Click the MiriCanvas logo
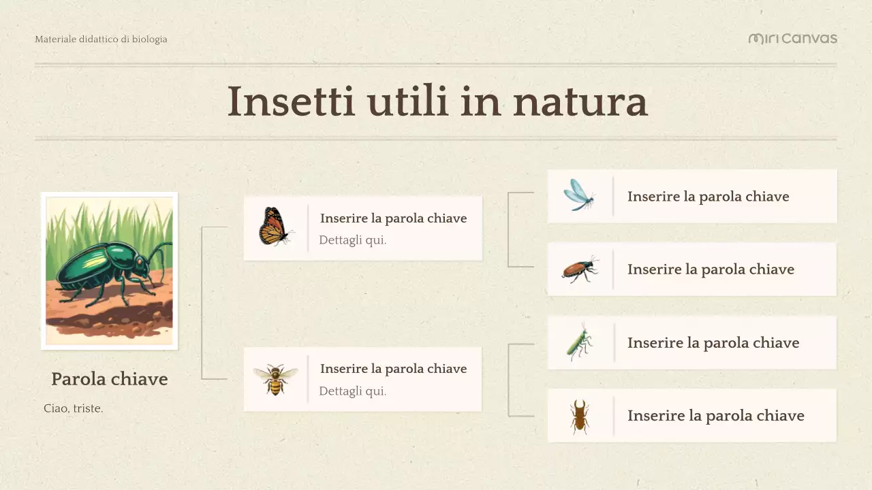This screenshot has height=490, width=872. pyautogui.click(x=792, y=39)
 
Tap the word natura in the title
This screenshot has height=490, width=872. pyautogui.click(x=580, y=101)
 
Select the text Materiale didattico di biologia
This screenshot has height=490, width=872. pyautogui.click(x=101, y=39)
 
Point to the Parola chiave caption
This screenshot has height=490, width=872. pyautogui.click(x=109, y=379)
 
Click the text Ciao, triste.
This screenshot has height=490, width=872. pyautogui.click(x=73, y=409)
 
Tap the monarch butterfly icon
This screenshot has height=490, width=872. pyautogui.click(x=275, y=227)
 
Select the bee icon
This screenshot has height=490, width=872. pyautogui.click(x=275, y=379)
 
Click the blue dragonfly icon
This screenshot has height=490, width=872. pyautogui.click(x=579, y=195)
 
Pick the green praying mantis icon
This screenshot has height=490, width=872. pyautogui.click(x=579, y=342)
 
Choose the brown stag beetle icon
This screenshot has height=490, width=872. pyautogui.click(x=580, y=416)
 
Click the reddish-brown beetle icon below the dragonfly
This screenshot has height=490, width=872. pyautogui.click(x=580, y=269)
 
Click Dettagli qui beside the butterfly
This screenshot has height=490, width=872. pyautogui.click(x=352, y=240)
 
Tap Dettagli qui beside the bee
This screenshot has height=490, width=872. pyautogui.click(x=352, y=391)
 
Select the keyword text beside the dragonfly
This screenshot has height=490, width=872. pyautogui.click(x=708, y=197)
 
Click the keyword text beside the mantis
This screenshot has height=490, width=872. pyautogui.click(x=713, y=343)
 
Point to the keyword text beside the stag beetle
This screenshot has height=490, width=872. pyautogui.click(x=715, y=416)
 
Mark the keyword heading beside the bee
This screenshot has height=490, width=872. pyautogui.click(x=393, y=369)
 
